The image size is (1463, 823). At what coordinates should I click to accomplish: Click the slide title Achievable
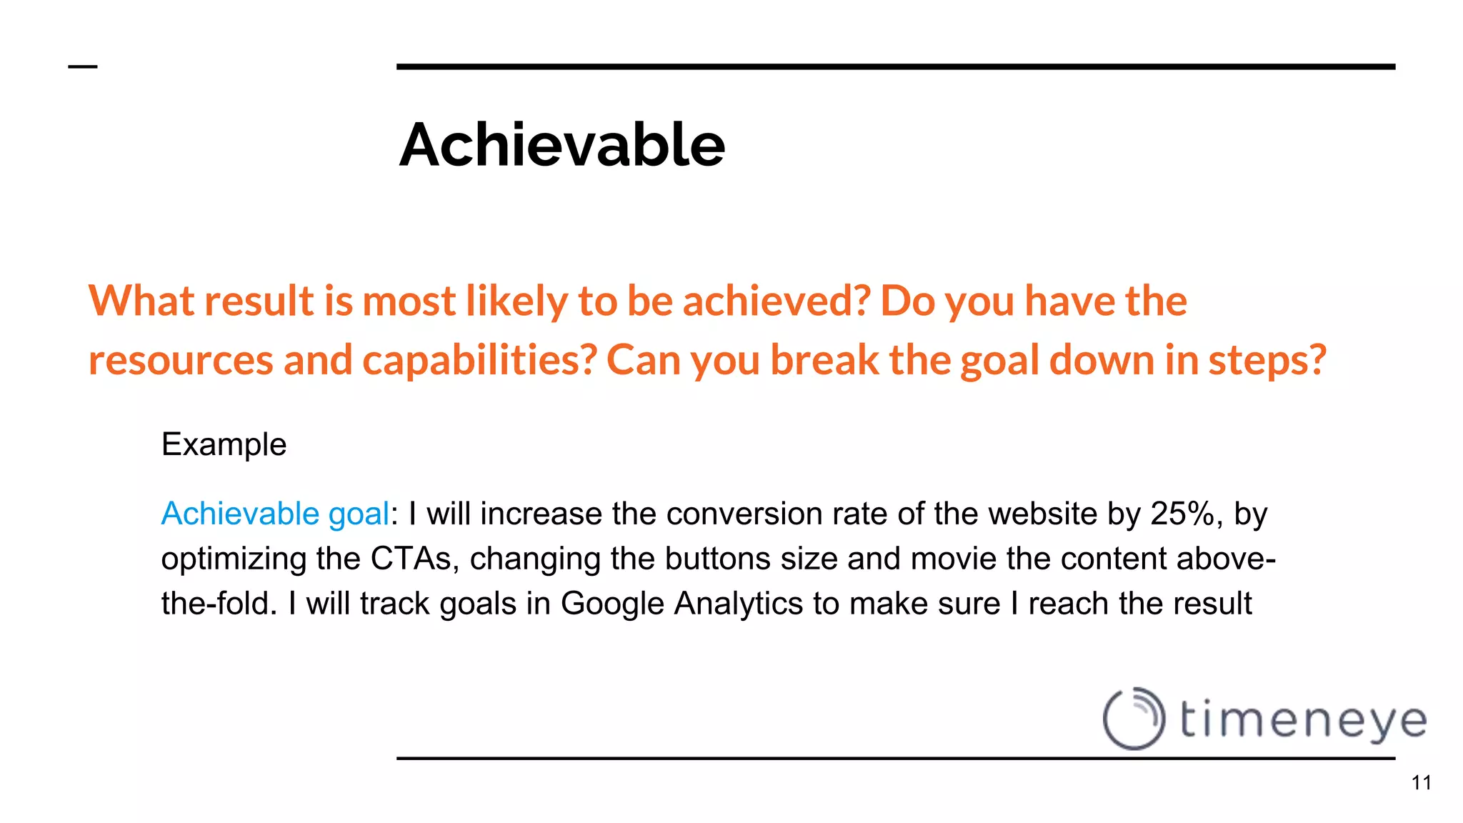pos(561,144)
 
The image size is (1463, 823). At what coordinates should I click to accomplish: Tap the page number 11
pos(1421,783)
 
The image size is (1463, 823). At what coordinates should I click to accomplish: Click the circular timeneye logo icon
pos(1134,718)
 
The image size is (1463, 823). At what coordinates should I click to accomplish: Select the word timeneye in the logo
pos(1303,720)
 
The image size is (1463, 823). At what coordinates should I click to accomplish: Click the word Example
pos(224,444)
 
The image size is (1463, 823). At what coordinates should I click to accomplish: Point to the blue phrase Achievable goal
pos(275,514)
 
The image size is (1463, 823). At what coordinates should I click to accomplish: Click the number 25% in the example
pos(1186,514)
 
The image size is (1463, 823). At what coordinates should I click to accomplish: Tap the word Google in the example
pos(612,604)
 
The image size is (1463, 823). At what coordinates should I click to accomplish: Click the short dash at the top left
pos(82,67)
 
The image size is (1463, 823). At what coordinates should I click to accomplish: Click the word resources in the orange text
pos(181,359)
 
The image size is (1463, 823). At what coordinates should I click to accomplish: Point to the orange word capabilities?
pos(479,359)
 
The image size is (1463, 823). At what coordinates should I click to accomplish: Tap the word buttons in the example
pos(717,559)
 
